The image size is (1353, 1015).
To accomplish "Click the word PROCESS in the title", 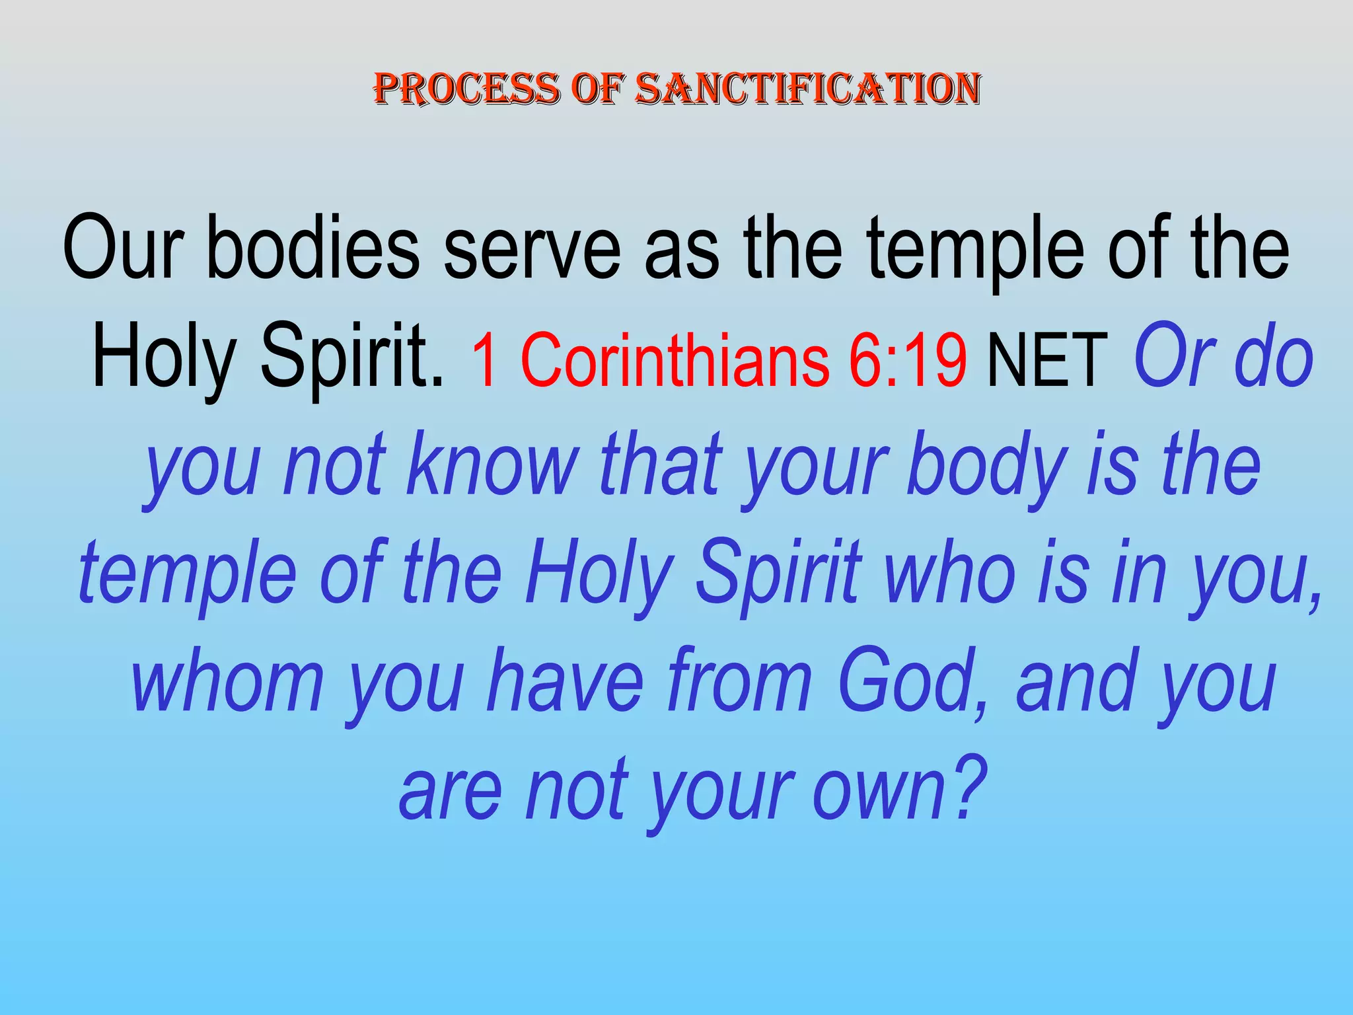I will click(466, 89).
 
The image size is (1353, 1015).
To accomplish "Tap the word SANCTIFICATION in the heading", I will click(807, 89).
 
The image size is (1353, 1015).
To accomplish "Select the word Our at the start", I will click(123, 248).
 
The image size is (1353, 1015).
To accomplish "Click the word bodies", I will click(313, 248).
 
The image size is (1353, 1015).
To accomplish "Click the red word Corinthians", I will click(674, 360).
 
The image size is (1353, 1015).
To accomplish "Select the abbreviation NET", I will click(1046, 360).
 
